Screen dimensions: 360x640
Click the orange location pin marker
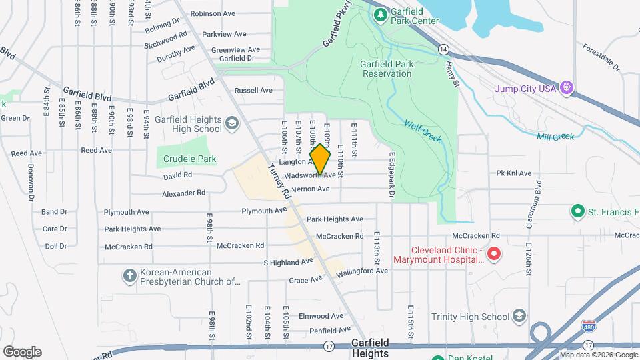pos(321,160)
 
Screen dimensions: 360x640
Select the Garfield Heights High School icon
pos(231,123)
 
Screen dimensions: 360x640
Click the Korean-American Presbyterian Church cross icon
pos(129,275)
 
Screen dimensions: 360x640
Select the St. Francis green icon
pos(578,211)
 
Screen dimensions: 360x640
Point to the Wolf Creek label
pos(423,131)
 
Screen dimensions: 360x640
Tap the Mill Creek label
pos(555,136)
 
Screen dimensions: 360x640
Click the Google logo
pos(22,351)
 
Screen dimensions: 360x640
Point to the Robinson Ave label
pos(213,13)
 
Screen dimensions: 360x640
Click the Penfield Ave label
pos(325,329)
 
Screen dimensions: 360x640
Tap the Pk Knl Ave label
pos(513,173)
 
